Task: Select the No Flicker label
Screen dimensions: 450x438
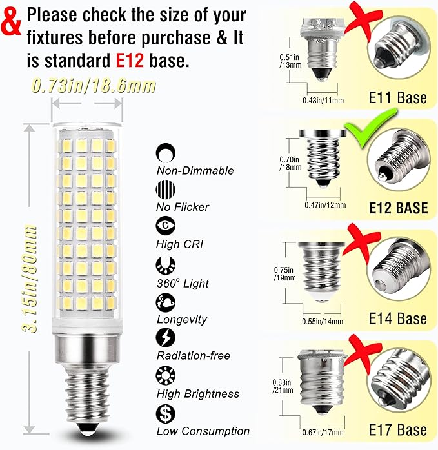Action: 183,208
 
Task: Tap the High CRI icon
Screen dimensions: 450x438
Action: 165,226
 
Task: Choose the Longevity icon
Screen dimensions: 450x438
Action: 165,301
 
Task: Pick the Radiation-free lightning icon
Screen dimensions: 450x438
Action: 165,337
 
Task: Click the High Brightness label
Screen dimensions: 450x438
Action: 197,393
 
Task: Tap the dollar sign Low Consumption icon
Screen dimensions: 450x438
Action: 165,412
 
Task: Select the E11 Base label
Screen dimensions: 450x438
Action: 397,98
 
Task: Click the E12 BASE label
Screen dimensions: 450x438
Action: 398,208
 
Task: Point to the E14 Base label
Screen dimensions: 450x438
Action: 397,318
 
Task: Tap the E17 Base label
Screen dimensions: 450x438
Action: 397,430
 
